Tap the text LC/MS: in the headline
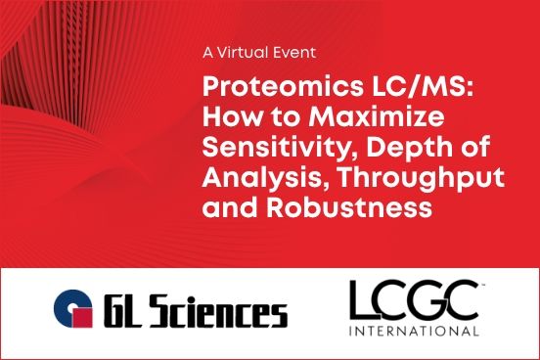coord(358,86)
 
